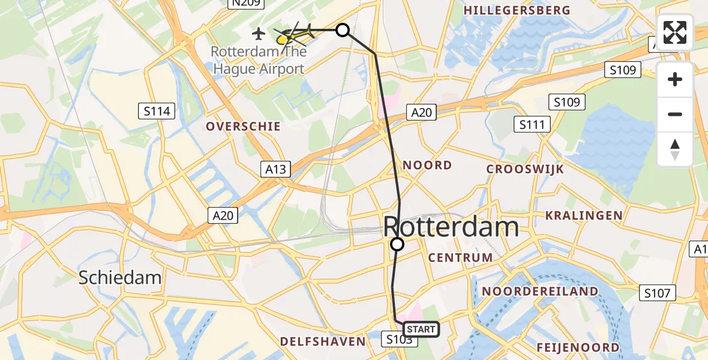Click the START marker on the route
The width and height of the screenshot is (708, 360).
[421, 329]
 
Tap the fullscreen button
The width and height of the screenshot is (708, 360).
[675, 32]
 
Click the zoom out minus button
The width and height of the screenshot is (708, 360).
[675, 114]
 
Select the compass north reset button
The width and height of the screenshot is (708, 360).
[675, 149]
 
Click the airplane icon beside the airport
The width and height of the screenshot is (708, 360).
[259, 32]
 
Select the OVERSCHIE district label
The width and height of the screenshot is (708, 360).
[243, 127]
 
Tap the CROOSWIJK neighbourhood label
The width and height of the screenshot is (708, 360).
[525, 169]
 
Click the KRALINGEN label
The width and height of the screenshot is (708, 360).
[583, 215]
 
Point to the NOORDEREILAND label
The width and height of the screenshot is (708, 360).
[540, 292]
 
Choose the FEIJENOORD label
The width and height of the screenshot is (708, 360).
[577, 348]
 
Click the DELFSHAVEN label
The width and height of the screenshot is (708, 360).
[323, 341]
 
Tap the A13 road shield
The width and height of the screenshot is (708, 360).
[276, 169]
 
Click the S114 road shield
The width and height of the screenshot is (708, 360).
[157, 110]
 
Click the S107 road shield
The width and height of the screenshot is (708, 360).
[658, 293]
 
